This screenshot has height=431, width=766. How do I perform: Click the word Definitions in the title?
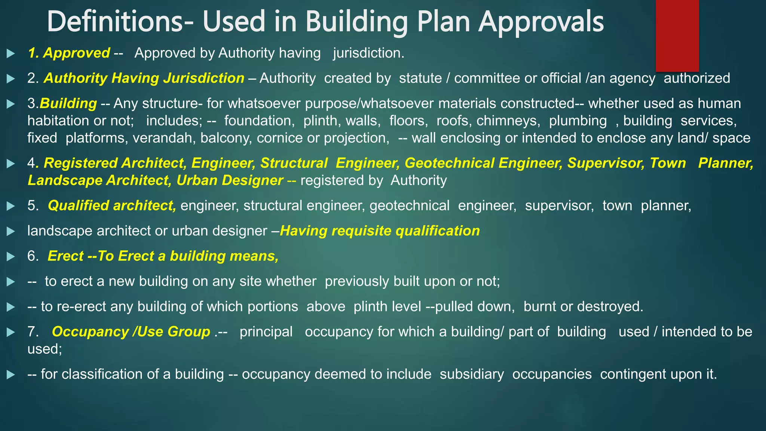114,22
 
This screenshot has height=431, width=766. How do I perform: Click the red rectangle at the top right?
677,36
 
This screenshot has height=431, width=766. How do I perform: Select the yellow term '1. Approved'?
69,53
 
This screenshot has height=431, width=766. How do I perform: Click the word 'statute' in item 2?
420,78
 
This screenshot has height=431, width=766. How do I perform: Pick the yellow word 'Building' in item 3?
68,104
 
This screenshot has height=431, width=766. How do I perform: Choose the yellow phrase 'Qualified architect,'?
112,206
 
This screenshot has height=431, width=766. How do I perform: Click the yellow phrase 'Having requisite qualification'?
380,231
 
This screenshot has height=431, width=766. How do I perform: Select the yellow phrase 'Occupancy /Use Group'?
131,332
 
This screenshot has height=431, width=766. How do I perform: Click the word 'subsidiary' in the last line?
472,374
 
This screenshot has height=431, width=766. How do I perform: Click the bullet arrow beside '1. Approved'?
11,54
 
